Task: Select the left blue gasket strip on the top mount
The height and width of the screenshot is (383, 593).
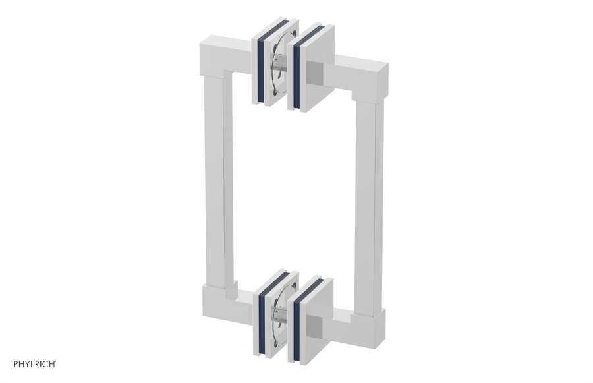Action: tap(261, 67)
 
